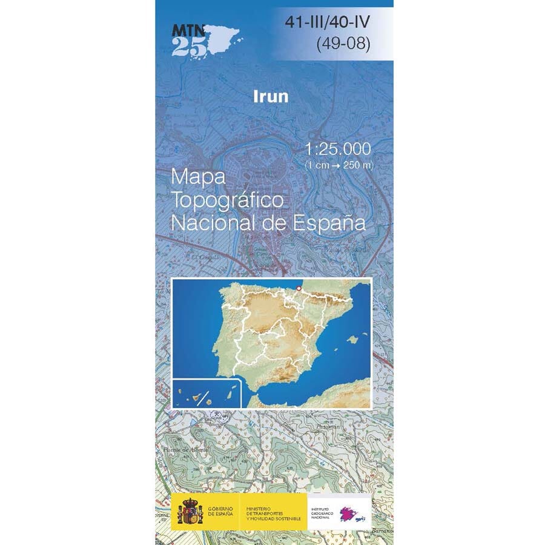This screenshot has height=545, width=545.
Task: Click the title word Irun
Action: [x=272, y=96]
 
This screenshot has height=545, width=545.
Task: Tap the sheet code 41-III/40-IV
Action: [x=328, y=24]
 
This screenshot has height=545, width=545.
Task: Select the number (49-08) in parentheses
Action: [x=343, y=44]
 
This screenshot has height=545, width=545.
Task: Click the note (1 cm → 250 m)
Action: [x=339, y=165]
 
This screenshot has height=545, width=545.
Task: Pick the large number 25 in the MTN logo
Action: [x=188, y=47]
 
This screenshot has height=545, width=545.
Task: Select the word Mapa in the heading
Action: [x=198, y=177]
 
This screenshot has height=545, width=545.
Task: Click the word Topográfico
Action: [x=228, y=200]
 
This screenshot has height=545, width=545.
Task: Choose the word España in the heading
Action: [x=330, y=223]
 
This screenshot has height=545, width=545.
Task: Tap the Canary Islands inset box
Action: [x=206, y=393]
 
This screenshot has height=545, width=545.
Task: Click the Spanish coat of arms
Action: [x=190, y=510]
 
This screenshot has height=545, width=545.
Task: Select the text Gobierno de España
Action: [x=221, y=511]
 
